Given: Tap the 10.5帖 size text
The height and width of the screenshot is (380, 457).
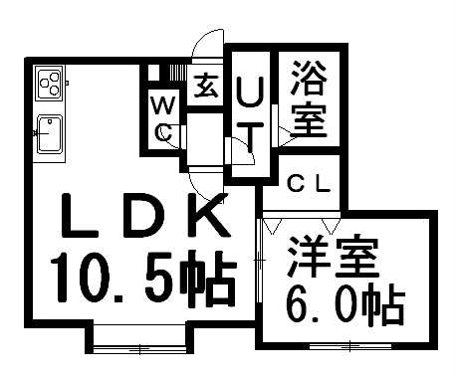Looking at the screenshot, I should (x=144, y=280).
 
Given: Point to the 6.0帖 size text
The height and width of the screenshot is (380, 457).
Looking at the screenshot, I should (x=341, y=304).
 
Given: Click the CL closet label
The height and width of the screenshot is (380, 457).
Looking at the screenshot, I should (x=308, y=183).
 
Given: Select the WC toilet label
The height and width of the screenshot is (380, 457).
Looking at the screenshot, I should (x=163, y=117).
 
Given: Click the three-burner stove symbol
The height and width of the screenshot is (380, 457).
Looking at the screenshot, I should (x=49, y=83).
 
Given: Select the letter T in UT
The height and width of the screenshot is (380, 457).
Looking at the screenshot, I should (x=251, y=139).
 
